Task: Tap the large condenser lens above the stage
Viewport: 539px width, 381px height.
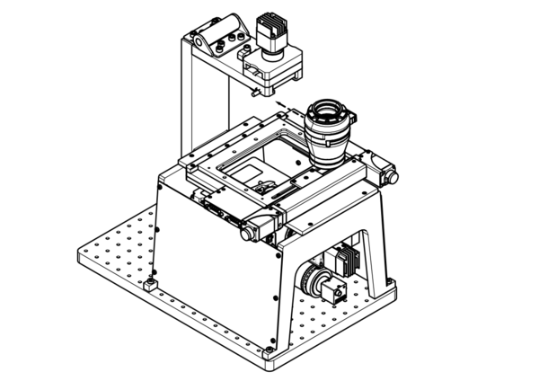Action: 329,130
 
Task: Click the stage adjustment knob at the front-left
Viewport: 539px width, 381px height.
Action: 246,234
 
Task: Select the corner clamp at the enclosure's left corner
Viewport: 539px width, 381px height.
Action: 149,286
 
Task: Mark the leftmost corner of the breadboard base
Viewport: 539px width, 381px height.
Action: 81,257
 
